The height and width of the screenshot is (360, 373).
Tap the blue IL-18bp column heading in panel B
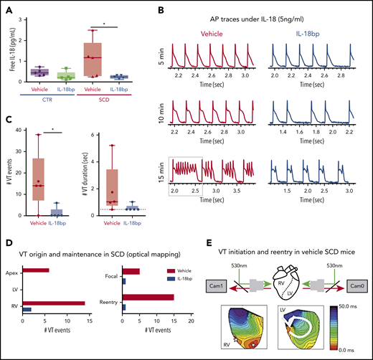312,33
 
